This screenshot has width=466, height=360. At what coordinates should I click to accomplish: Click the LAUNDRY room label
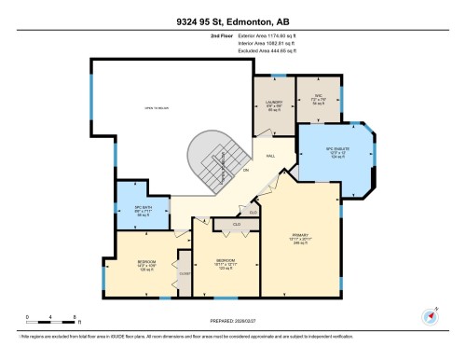coord(274,103)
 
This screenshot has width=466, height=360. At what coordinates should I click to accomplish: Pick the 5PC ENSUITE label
coord(335,151)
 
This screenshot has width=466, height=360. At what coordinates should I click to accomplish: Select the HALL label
coord(270,156)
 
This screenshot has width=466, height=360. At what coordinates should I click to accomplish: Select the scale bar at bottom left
coord(51,323)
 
